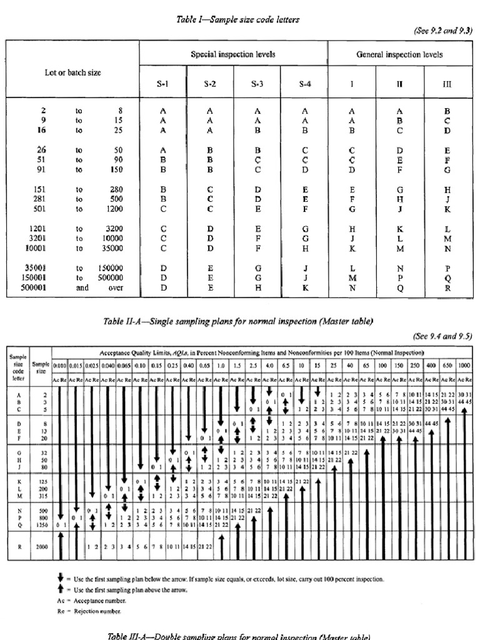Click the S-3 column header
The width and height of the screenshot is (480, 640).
click(257, 82)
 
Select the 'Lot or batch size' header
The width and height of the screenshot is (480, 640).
click(72, 72)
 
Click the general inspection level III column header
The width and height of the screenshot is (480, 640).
click(447, 82)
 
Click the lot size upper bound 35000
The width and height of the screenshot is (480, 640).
click(111, 247)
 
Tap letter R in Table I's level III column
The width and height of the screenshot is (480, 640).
click(447, 288)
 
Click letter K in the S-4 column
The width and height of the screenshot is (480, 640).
click(304, 288)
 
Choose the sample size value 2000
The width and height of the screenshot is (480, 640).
click(41, 546)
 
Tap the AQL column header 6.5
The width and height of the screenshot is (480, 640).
click(285, 365)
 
